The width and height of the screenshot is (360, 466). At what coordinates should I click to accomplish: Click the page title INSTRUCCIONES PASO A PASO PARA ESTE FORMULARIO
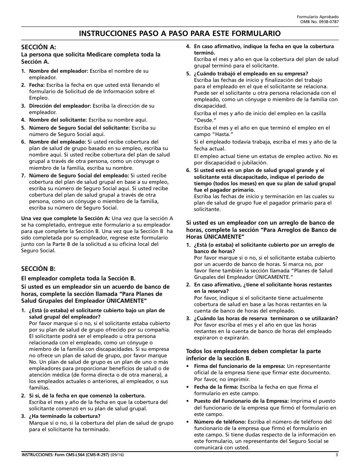click(x=180, y=33)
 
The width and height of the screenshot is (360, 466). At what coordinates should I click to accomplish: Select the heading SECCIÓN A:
click(x=38, y=47)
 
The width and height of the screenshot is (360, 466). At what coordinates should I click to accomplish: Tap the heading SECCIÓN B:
click(x=38, y=269)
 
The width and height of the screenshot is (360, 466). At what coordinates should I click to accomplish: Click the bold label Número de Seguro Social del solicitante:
click(x=79, y=128)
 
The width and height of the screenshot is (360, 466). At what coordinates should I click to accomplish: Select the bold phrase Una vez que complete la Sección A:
click(x=66, y=218)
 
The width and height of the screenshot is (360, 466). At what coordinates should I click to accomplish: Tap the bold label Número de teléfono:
click(x=220, y=422)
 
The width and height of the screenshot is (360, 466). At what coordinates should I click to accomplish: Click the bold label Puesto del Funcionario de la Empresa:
click(x=241, y=401)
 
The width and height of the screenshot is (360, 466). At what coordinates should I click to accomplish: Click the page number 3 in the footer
click(x=337, y=455)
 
